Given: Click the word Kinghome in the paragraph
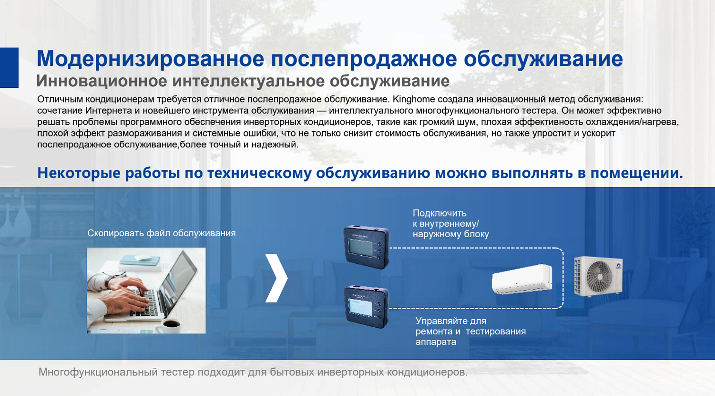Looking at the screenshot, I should [x=413, y=99].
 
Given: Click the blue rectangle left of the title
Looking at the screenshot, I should [x=9, y=67].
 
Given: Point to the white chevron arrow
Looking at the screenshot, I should [x=276, y=278].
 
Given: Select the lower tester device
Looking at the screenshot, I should [x=367, y=307].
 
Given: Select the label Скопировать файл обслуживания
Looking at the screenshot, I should [x=161, y=233].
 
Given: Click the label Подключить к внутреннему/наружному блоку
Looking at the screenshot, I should [x=450, y=224].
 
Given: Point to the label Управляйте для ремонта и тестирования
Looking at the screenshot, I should [x=470, y=332].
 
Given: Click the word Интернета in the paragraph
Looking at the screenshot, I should [x=109, y=111].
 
